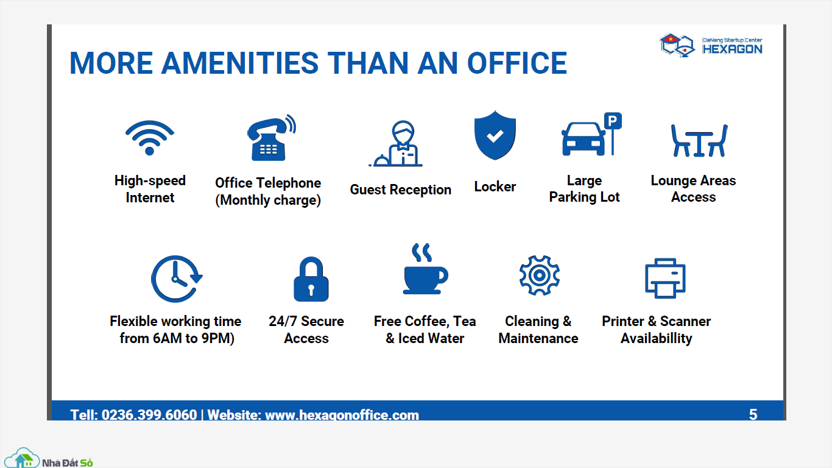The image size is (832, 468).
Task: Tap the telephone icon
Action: click(x=271, y=138)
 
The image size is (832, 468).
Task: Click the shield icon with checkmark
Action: click(x=495, y=135)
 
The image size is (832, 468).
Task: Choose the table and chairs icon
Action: click(x=699, y=141)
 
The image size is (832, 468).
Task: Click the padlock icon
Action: click(x=311, y=279)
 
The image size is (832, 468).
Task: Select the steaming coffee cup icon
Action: click(x=425, y=269)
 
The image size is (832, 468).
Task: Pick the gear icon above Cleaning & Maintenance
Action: click(x=539, y=275)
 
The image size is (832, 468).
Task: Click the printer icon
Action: click(x=665, y=278)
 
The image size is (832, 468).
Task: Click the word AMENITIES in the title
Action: click(x=240, y=63)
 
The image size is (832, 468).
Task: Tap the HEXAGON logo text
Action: click(x=732, y=49)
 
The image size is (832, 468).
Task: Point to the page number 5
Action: click(x=753, y=414)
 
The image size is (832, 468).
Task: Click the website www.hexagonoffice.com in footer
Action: click(x=342, y=415)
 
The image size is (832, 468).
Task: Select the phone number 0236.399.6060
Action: click(x=149, y=414)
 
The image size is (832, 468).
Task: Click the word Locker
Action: click(x=495, y=186)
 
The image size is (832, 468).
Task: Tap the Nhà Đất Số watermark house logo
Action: click(x=23, y=458)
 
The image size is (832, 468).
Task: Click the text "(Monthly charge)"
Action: click(x=268, y=200)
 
